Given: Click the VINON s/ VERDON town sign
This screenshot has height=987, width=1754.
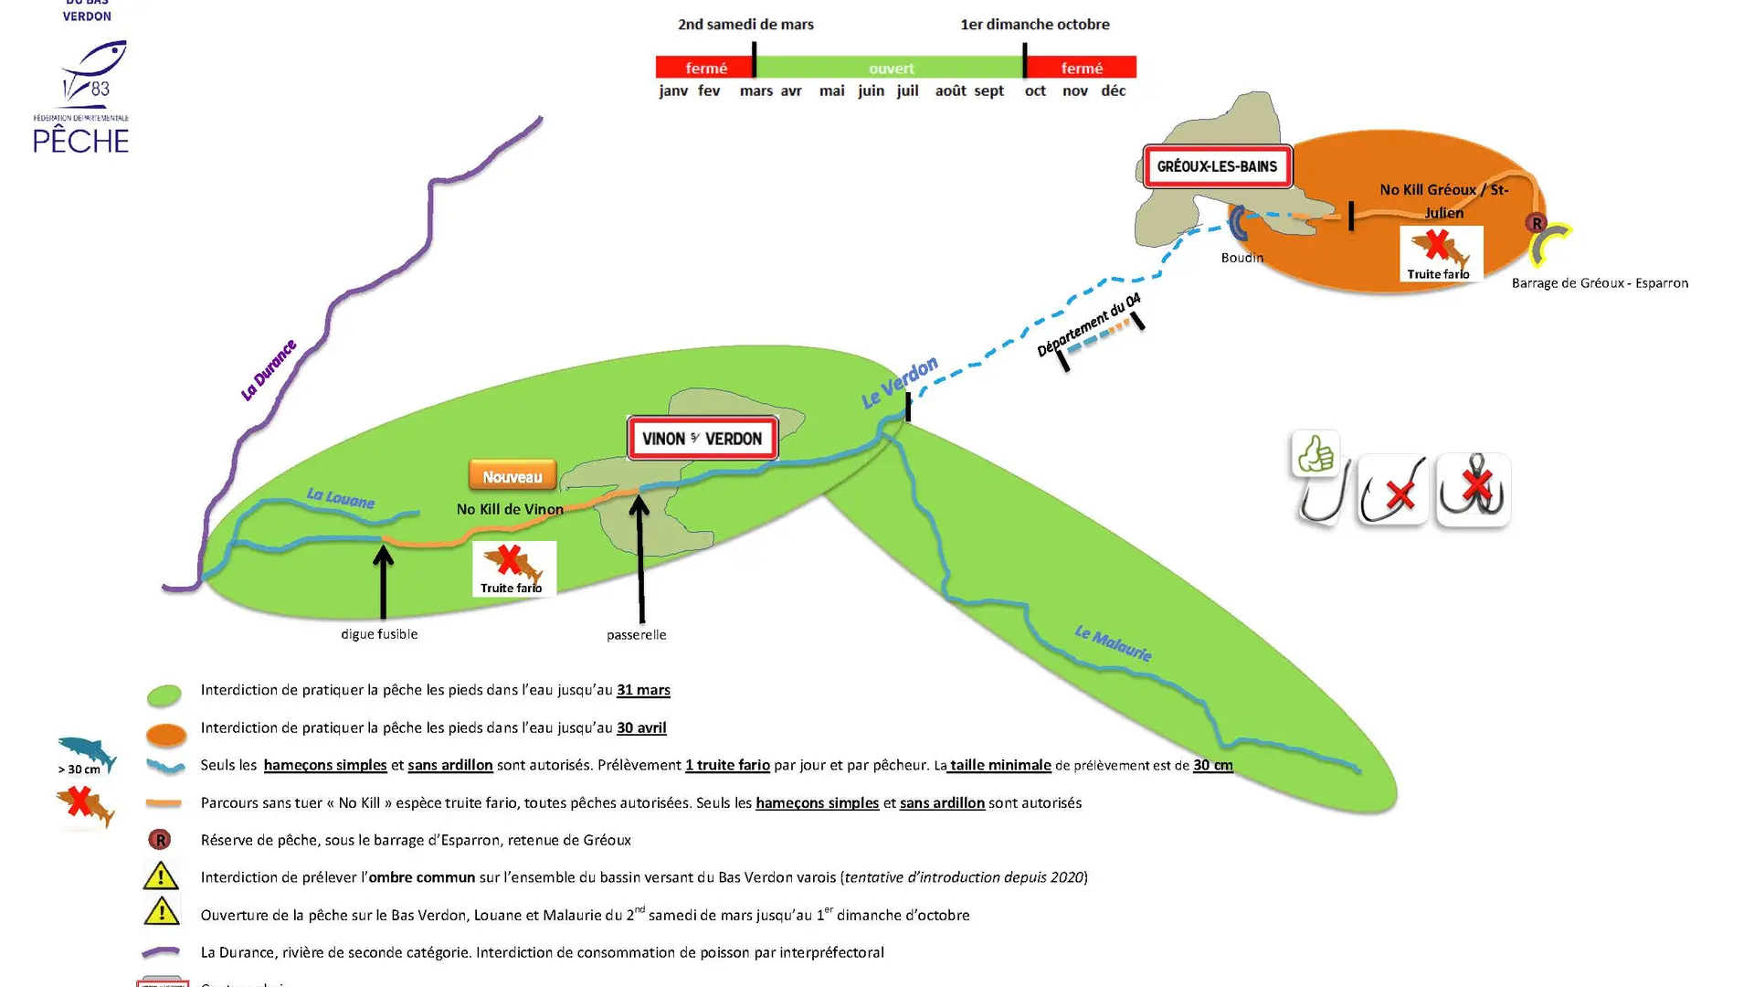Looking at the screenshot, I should point(702,439).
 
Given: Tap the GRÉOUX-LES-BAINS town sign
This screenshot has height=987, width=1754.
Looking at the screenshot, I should point(1217,166).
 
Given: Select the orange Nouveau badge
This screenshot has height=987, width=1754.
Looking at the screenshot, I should point(512,476).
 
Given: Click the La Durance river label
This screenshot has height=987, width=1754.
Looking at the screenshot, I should point(268,370).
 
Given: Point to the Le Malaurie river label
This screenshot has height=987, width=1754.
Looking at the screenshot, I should point(1112,642).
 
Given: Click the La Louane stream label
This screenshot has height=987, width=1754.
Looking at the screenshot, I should point(340,498).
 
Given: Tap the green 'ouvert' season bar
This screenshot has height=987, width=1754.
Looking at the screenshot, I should point(890,68).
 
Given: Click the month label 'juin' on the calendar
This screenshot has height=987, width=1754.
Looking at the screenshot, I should point(871,90).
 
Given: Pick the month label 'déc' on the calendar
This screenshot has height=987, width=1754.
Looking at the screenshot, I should point(1113,90).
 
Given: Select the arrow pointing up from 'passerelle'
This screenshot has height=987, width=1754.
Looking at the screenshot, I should point(639,557).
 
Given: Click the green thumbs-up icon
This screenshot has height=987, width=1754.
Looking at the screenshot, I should point(1315,453).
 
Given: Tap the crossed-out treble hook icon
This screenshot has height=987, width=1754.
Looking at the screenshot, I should point(1473,490).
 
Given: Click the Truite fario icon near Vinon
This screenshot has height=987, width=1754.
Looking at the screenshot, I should point(513,568).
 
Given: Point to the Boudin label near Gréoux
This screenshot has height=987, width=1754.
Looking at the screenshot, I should point(1242,258).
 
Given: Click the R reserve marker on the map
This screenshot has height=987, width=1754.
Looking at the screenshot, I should point(1536,223).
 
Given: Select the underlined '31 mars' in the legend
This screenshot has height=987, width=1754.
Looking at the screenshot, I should point(643,690).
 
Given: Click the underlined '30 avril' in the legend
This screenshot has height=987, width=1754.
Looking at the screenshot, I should point(641,727).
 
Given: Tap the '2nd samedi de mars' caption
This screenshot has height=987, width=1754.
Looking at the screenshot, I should point(745,25).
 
